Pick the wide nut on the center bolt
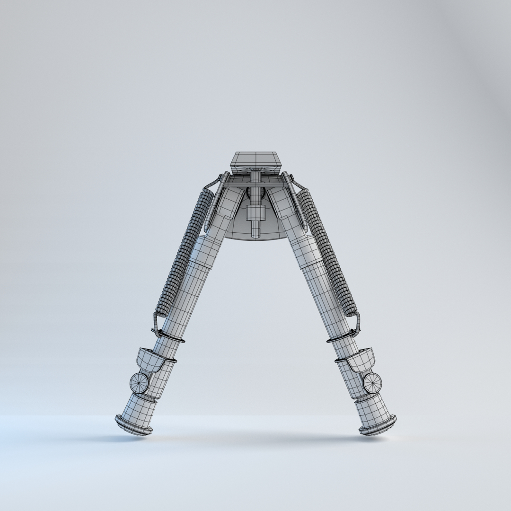point(255,210)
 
